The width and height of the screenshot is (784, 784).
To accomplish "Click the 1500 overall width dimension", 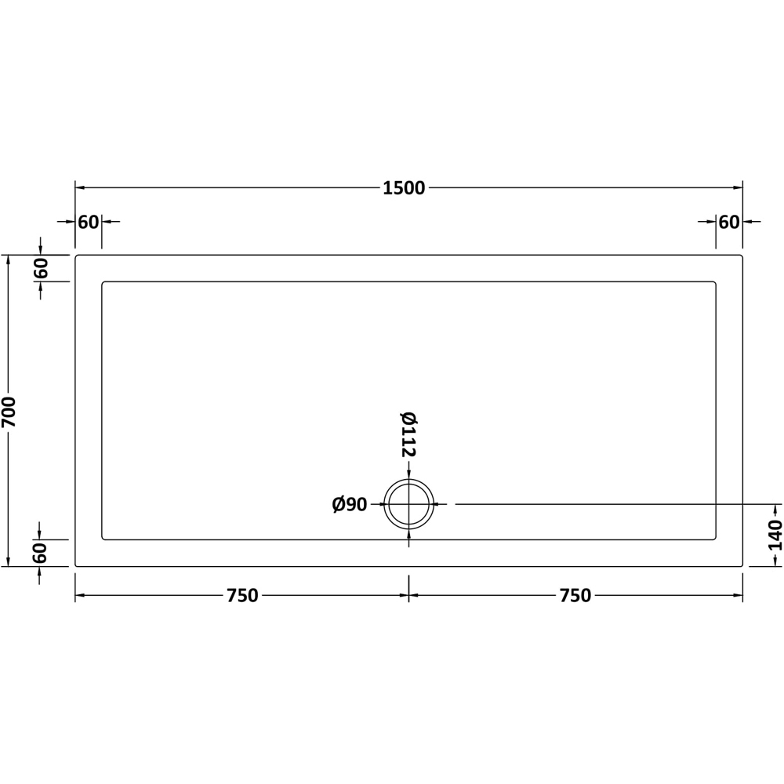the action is point(404,188).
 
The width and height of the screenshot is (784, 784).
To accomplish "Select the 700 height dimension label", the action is point(9,412).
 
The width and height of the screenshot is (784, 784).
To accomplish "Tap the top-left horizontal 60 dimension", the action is point(89,222).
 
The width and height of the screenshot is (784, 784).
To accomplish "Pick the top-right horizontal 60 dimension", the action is point(729,222).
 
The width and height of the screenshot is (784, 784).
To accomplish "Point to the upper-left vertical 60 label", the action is point(40,268).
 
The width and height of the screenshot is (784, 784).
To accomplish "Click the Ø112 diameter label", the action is point(408,434).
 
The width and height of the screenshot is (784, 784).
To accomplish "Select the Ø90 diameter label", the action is point(350,504).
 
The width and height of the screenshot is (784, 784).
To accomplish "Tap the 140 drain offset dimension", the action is point(775,535).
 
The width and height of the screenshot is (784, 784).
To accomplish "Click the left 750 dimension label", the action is point(242,596).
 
